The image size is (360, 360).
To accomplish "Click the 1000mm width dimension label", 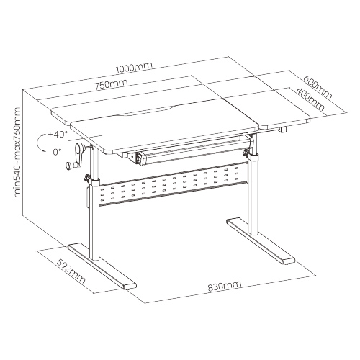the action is click(x=134, y=68).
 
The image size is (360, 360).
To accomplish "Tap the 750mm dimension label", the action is click(x=111, y=84).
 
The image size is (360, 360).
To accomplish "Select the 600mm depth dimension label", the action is click(x=318, y=87).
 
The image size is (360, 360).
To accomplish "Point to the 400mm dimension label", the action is click(x=310, y=100).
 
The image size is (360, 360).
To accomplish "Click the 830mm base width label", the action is click(x=224, y=286).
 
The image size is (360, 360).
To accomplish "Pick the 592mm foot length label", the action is click(x=71, y=271).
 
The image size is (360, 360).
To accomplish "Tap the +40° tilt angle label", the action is click(x=58, y=134).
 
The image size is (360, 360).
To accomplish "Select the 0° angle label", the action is click(x=57, y=152).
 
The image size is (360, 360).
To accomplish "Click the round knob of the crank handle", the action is click(x=69, y=166).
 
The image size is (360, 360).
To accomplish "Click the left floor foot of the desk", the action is click(x=102, y=266).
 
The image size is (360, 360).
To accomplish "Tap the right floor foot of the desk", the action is click(x=261, y=240).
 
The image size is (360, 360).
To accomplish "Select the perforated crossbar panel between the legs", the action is click(x=173, y=184).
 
